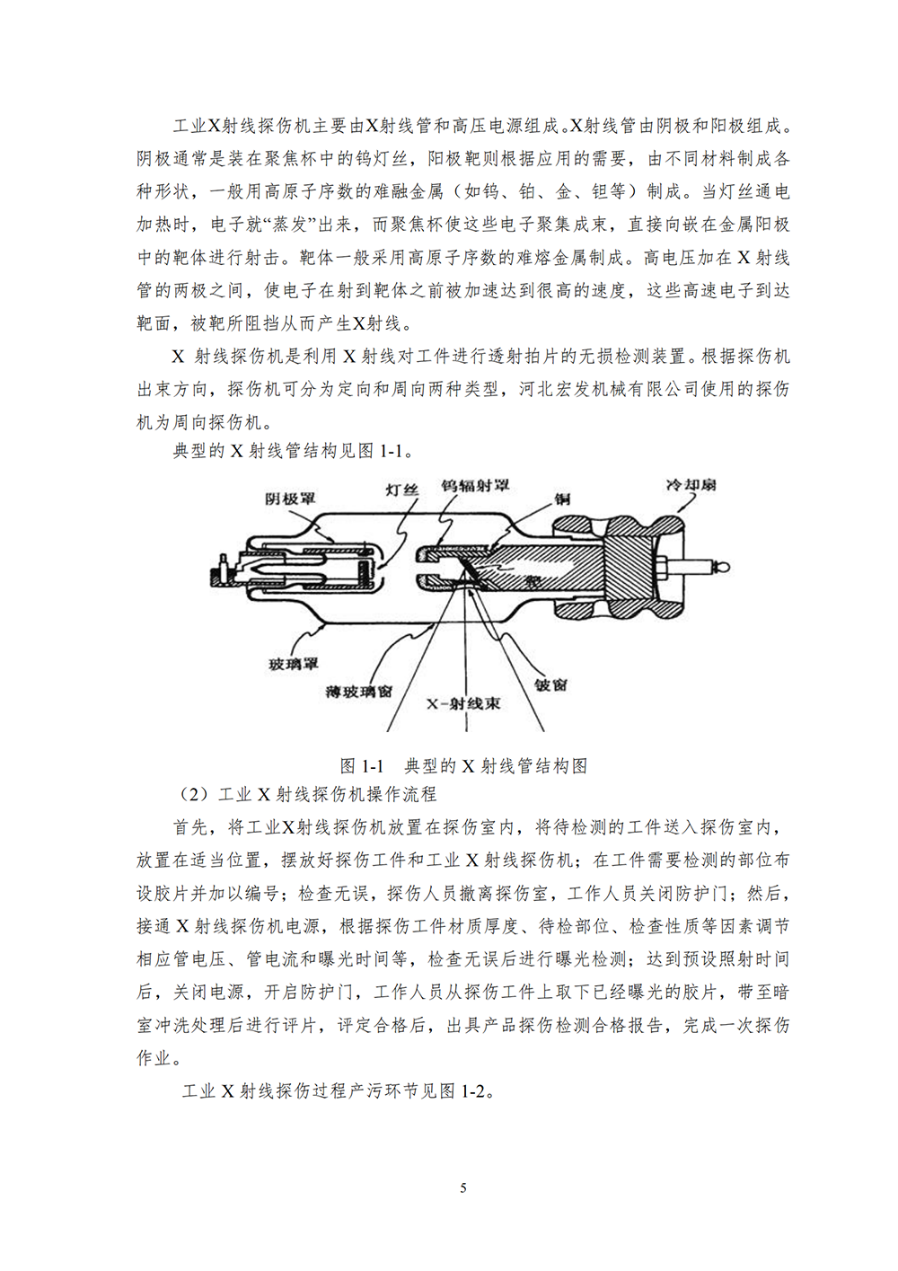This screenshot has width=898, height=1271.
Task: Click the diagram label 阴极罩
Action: (x=290, y=499)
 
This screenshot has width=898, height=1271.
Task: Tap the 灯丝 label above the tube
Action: (x=401, y=490)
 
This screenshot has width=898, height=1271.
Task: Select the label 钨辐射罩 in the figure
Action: (x=475, y=485)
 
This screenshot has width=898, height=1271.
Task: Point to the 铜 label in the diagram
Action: (x=562, y=499)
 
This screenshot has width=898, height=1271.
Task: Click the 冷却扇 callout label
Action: (x=691, y=485)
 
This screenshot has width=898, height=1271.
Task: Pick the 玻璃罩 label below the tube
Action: (x=294, y=664)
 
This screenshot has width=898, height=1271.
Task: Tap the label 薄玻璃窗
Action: (x=358, y=691)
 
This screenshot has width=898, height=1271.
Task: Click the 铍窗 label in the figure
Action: (x=550, y=684)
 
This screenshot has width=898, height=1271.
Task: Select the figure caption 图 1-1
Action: (x=362, y=766)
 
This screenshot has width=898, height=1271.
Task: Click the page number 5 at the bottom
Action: (x=463, y=1187)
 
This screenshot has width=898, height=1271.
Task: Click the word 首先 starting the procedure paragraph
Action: (x=190, y=827)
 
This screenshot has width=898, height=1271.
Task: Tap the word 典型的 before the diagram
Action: (x=199, y=451)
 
